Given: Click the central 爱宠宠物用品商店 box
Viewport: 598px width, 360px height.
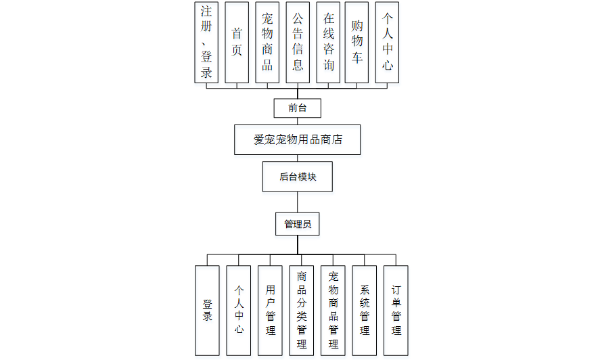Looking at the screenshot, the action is click(x=297, y=140).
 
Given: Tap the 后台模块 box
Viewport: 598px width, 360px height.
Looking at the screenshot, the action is click(x=297, y=177).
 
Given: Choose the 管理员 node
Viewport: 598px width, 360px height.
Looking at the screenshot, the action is click(x=297, y=224).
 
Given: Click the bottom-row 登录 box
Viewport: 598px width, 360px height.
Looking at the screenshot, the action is click(x=207, y=310).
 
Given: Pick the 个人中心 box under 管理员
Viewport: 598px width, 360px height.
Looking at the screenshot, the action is click(x=239, y=310).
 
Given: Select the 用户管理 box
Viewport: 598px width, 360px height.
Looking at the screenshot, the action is click(x=270, y=310).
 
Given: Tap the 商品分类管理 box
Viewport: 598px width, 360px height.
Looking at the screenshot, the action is click(x=302, y=310).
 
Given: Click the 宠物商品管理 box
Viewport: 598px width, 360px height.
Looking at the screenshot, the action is click(x=333, y=310).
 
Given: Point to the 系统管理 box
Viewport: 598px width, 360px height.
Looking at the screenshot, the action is click(x=365, y=310).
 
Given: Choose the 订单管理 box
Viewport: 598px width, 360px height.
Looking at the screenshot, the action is click(x=396, y=310).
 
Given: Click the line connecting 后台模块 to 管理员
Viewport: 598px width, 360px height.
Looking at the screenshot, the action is click(x=297, y=202).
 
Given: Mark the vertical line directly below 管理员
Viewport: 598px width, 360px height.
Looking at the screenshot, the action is click(x=297, y=244).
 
